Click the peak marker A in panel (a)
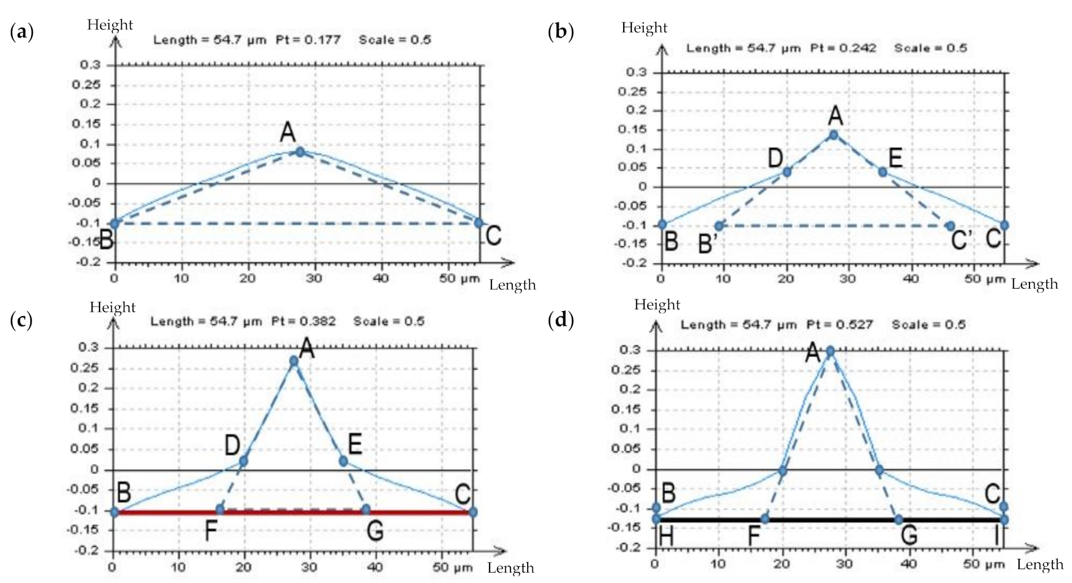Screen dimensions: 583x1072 click(300, 152)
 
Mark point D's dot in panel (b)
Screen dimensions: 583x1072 click(787, 172)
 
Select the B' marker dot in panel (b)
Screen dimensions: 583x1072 click(719, 226)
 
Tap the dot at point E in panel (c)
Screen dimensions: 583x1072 click(343, 461)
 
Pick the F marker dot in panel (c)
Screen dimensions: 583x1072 click(220, 509)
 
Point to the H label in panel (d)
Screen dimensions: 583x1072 click(666, 537)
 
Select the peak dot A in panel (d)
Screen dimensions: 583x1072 click(830, 351)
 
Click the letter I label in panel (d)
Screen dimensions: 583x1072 click(997, 536)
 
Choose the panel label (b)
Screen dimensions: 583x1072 click(561, 32)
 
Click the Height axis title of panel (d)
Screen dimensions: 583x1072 click(657, 304)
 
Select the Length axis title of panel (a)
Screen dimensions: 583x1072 click(512, 285)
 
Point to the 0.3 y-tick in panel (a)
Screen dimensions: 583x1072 click(90, 65)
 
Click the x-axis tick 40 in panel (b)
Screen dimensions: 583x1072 click(911, 279)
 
